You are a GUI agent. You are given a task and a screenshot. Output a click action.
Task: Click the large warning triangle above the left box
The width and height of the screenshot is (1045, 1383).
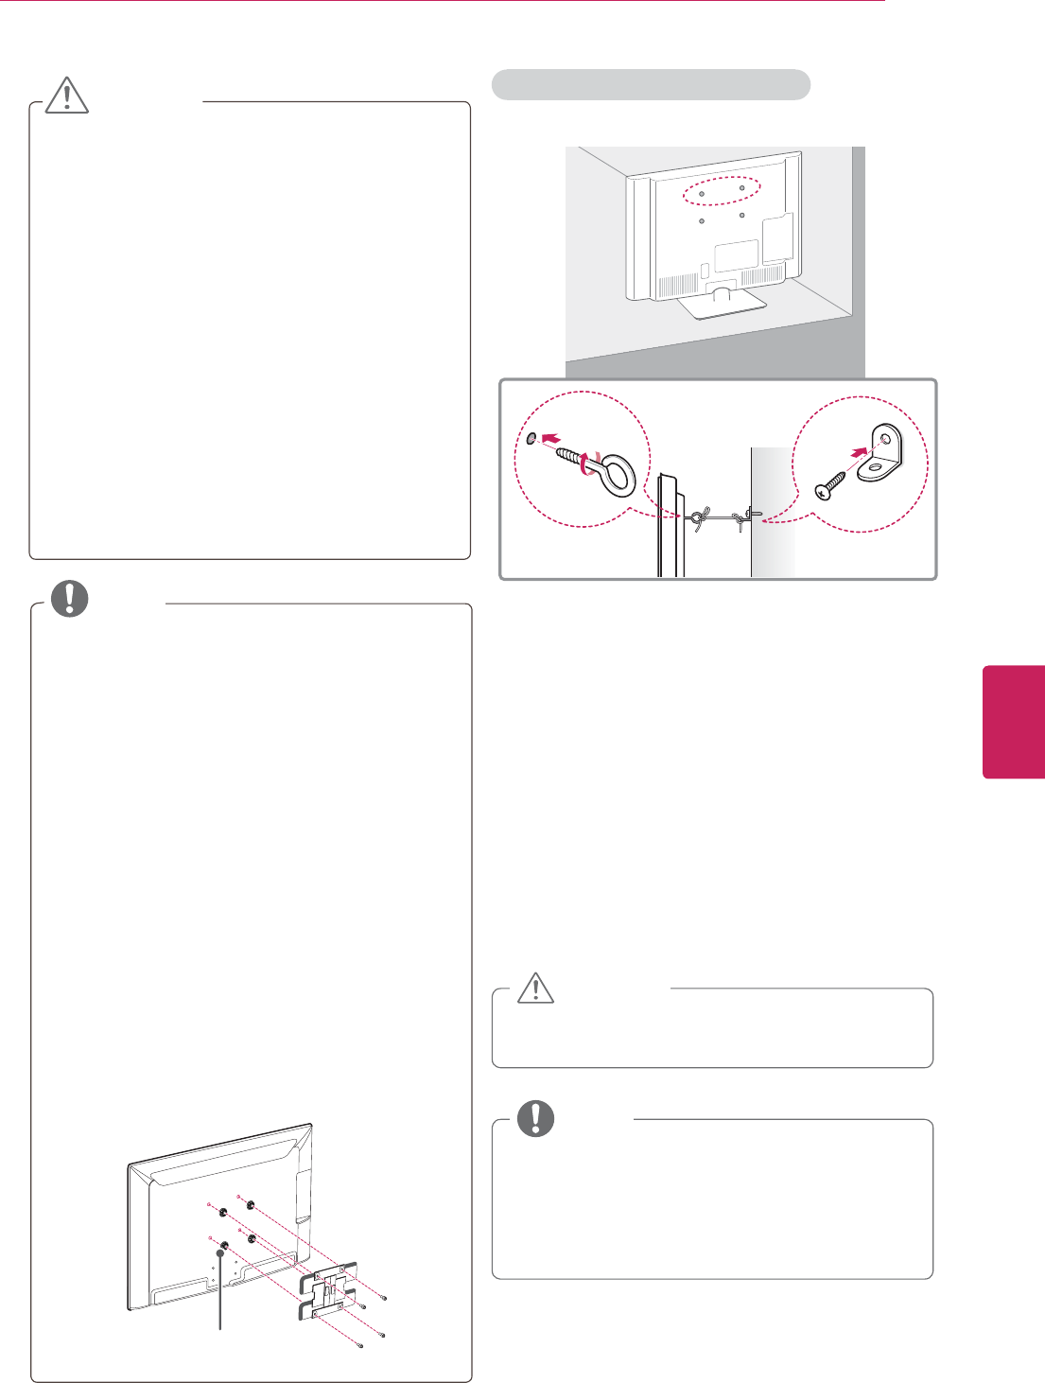66,95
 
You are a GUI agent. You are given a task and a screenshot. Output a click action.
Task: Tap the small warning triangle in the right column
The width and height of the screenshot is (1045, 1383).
535,989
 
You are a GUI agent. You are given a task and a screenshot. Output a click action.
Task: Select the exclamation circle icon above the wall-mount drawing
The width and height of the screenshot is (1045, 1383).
69,600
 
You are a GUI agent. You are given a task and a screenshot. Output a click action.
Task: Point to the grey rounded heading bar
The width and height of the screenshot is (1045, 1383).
651,84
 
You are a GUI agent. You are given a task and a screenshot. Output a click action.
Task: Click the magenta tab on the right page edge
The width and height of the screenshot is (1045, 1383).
1014,722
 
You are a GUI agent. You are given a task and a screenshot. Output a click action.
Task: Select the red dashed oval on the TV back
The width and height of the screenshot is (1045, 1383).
722,191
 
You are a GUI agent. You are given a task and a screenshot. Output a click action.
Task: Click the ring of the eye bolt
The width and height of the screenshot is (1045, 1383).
617,475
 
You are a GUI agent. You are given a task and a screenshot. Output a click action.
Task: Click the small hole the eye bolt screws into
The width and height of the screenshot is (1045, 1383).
532,438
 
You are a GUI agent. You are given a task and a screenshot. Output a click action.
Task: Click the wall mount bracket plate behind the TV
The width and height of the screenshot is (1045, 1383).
327,1288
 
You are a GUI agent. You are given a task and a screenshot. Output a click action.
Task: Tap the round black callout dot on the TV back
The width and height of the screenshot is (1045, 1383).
220,1252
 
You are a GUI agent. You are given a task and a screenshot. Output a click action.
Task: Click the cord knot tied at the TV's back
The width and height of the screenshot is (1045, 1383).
696,517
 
